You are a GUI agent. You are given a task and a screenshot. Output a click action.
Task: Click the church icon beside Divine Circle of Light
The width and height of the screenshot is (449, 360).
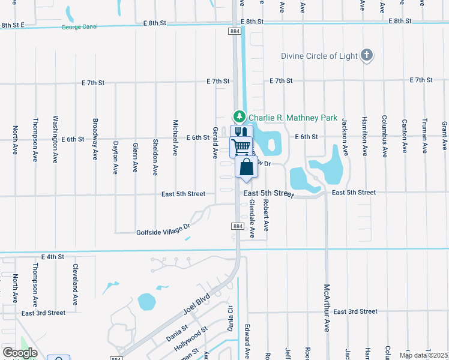[x=367, y=56]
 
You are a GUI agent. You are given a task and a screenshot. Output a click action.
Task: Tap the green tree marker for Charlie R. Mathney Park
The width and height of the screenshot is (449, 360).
[x=240, y=116]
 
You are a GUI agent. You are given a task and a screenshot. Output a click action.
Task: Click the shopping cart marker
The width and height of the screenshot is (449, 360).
[x=241, y=146]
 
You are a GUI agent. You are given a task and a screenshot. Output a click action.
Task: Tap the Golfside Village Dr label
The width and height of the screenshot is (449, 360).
[x=163, y=229]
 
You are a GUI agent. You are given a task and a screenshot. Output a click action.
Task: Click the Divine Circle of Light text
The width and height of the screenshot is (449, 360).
[x=319, y=56]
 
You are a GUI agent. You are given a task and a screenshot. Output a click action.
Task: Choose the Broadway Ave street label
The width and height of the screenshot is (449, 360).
[x=95, y=139]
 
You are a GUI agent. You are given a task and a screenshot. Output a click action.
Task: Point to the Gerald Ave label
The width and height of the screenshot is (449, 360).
[x=214, y=142]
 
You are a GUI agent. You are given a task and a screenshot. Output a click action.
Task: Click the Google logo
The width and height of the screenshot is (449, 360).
[x=20, y=353]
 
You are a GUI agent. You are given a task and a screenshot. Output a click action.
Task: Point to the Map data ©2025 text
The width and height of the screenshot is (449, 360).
[x=423, y=355]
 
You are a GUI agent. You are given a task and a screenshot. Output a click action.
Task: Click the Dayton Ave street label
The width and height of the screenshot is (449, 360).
[x=115, y=157]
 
